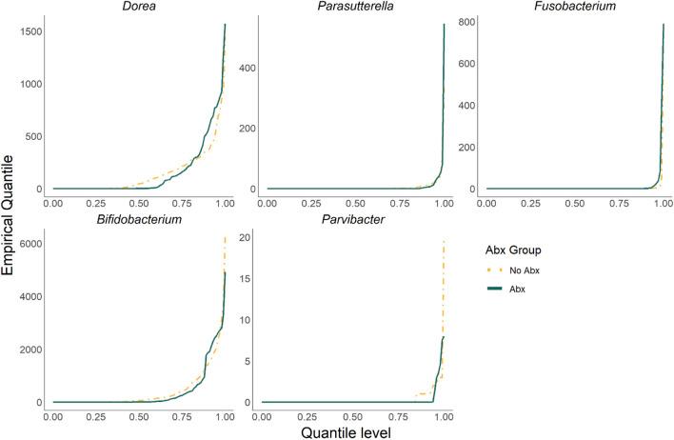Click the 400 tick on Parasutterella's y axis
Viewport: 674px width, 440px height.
coord(254,67)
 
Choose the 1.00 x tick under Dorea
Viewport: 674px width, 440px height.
coord(225,203)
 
